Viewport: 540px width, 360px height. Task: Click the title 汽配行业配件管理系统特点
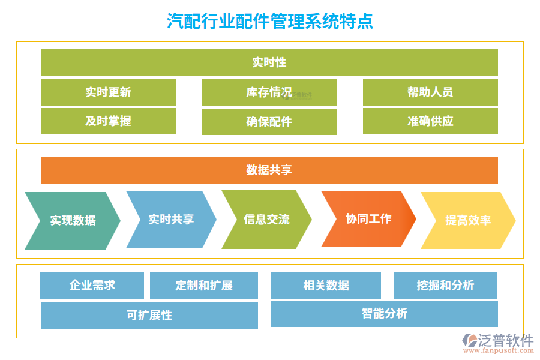[x=269, y=22]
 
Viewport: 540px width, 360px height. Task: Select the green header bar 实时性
[x=269, y=62]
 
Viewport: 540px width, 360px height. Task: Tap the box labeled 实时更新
[x=108, y=92]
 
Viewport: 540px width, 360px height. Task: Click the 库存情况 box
[x=269, y=92]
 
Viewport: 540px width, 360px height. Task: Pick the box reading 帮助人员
[x=430, y=92]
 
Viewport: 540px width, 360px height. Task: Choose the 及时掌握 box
[x=108, y=121]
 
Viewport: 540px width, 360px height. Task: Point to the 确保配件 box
[x=269, y=122]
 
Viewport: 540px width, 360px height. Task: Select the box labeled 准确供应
[x=430, y=121]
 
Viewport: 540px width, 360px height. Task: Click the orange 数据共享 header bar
[x=269, y=170]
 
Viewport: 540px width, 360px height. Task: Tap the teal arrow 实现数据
[x=73, y=220]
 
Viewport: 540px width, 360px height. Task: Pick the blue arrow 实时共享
[x=171, y=219]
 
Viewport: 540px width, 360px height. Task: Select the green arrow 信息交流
[x=266, y=219]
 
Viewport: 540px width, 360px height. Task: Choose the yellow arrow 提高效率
[x=467, y=220]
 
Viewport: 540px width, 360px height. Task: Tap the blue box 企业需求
[x=92, y=285]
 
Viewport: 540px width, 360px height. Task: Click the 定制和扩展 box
[x=203, y=286]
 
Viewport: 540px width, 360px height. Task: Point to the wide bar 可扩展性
[x=149, y=315]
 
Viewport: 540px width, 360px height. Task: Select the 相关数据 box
[x=325, y=286]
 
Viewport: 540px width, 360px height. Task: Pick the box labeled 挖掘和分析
[x=445, y=286]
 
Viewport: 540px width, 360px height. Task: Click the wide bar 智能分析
[x=384, y=313]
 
